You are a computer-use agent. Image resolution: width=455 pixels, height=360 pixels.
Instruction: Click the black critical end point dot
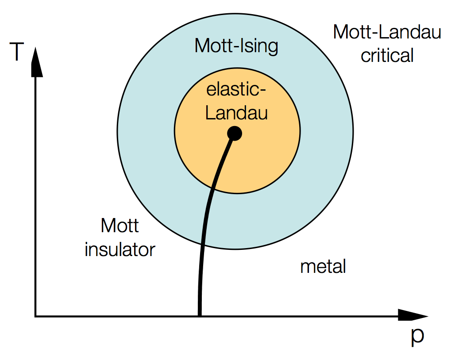(234, 133)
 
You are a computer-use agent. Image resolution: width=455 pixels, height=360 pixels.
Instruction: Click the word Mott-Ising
(236, 46)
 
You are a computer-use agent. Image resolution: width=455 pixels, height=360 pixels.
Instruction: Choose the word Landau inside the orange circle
(236, 113)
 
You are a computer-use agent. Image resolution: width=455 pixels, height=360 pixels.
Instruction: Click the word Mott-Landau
(387, 32)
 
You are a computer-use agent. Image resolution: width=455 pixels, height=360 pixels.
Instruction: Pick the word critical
(387, 56)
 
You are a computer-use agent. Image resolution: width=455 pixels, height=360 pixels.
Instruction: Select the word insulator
(120, 249)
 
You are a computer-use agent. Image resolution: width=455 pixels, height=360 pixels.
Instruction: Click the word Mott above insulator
(120, 226)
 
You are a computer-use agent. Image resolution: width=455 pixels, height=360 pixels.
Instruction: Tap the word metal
(323, 267)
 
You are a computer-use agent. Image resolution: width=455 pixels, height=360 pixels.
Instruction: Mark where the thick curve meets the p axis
(200, 315)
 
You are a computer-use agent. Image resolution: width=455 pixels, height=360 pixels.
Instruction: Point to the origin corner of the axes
(36, 316)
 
